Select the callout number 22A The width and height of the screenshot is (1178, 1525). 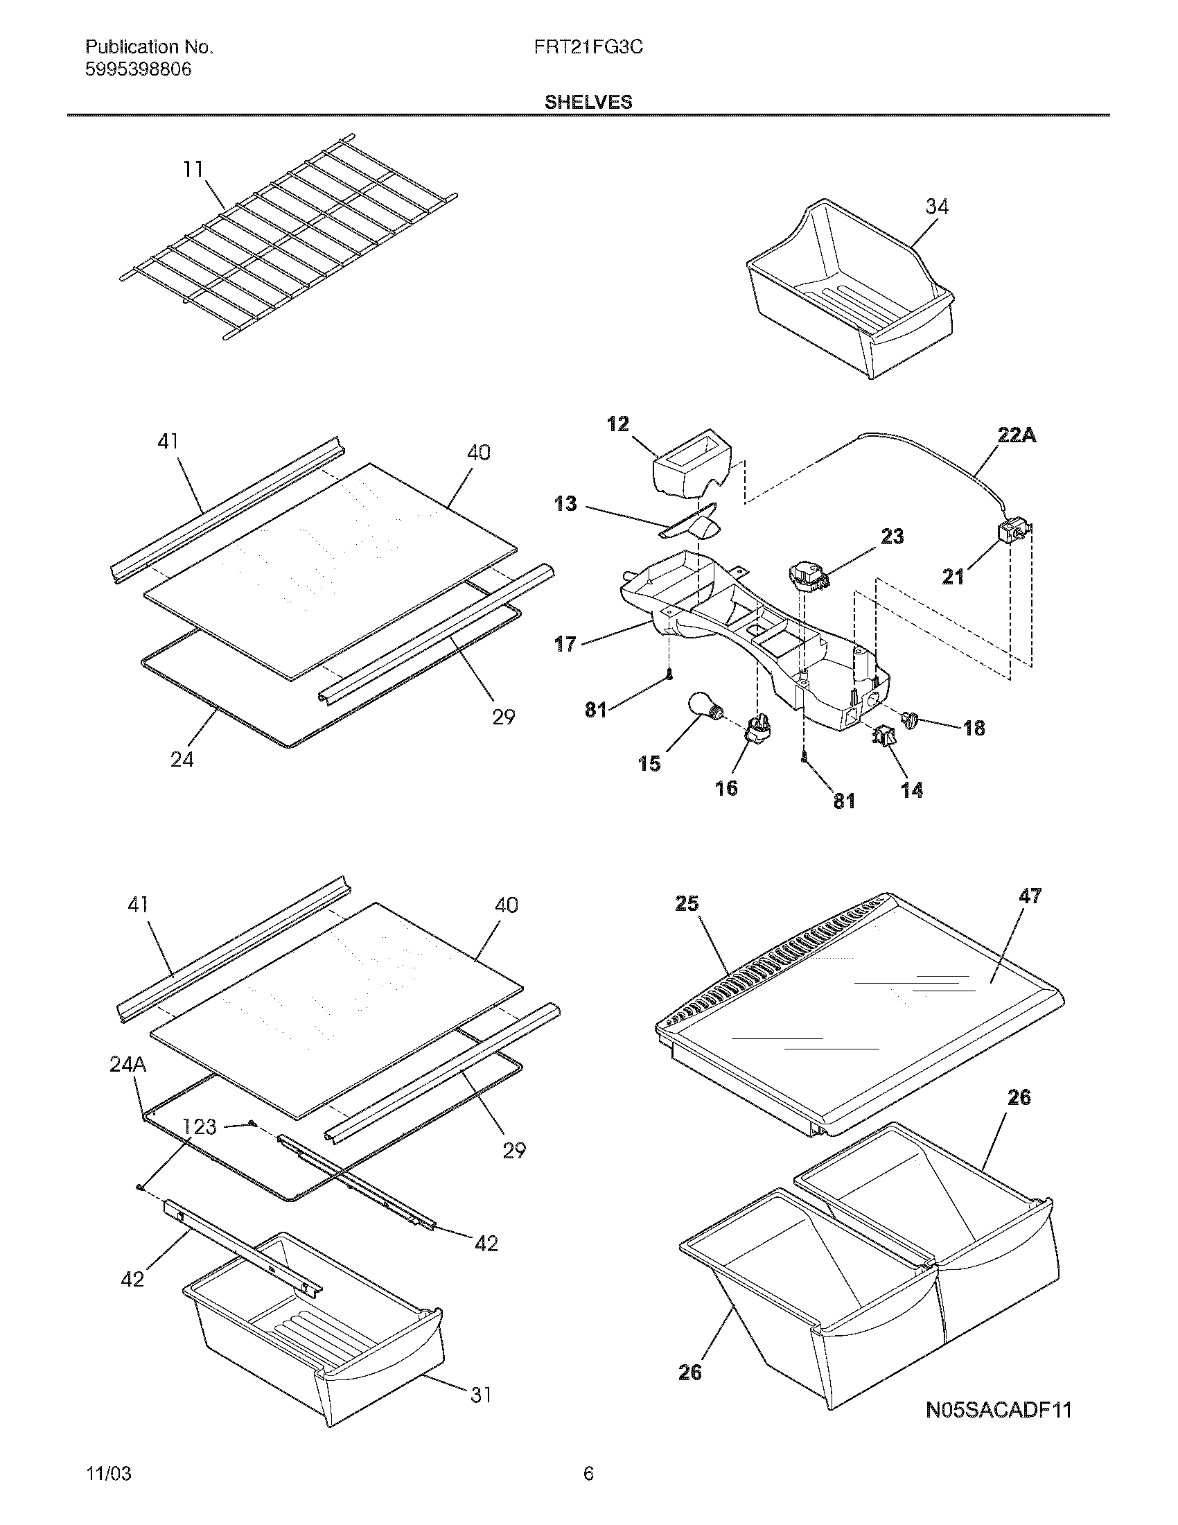click(x=1015, y=437)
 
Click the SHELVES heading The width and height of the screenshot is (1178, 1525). click(x=588, y=103)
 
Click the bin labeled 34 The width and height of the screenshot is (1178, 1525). click(x=848, y=293)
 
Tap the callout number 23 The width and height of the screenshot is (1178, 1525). click(x=893, y=537)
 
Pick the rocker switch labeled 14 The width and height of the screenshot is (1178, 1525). click(x=883, y=735)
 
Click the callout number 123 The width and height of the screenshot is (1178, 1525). click(x=200, y=1126)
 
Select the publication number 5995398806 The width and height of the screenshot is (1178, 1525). click(x=138, y=70)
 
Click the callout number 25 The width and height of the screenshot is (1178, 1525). click(x=687, y=903)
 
